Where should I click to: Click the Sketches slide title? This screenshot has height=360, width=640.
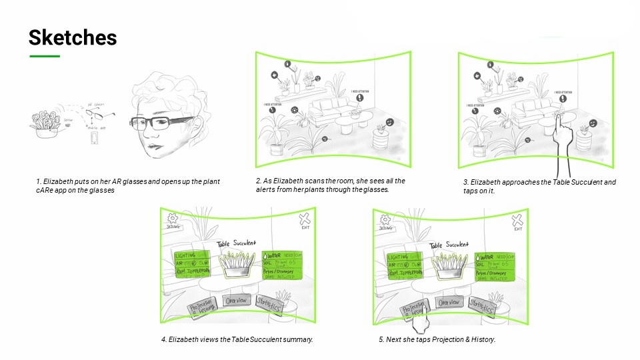[72, 38]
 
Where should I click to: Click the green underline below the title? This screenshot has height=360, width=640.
[44, 56]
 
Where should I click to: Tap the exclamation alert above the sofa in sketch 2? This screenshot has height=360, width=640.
[359, 97]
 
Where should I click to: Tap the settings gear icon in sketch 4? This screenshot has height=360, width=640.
[172, 218]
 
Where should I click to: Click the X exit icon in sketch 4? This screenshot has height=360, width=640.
[305, 219]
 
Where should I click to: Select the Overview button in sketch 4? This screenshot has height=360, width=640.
[237, 301]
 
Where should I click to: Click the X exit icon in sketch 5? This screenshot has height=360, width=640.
[517, 220]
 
